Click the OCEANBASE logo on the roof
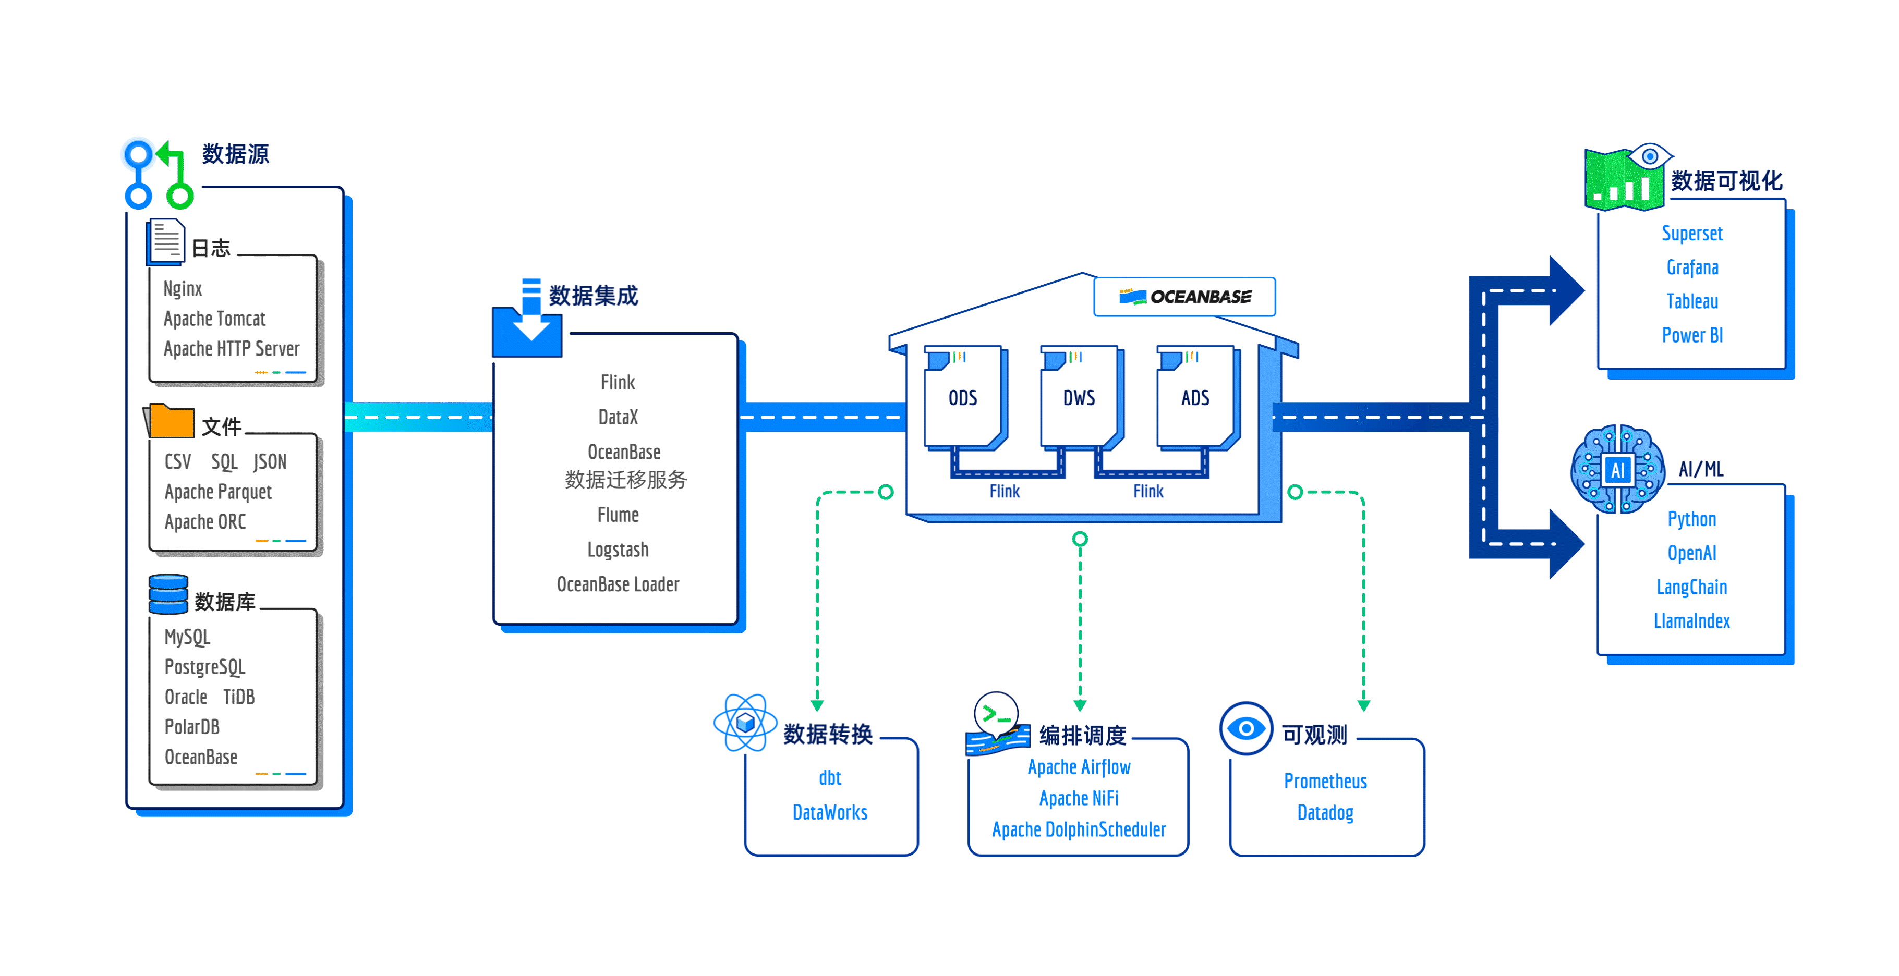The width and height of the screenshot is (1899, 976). coord(1184,296)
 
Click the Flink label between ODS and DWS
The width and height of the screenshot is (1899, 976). coord(1004,491)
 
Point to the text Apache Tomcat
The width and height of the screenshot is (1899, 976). coord(214,319)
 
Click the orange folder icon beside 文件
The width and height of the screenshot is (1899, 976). coord(169,420)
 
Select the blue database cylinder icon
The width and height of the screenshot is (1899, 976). coord(168,594)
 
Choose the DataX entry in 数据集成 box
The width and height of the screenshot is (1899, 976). coord(618,417)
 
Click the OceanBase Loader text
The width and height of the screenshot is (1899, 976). coord(618,584)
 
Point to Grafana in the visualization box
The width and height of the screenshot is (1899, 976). coord(1692,267)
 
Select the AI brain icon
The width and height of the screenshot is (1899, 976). coord(1617,468)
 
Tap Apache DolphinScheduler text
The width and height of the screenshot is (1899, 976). coord(1079,829)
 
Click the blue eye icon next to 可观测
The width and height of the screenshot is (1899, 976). coord(1246,728)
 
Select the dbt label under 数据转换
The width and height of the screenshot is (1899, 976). coord(830,778)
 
